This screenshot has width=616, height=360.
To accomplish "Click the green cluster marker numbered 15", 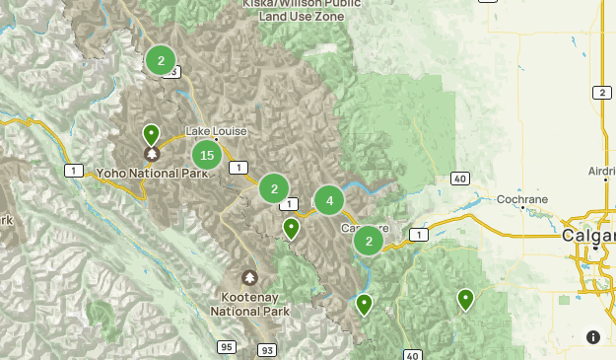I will tap(206, 154).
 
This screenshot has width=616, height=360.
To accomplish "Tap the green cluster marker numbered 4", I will tap(329, 200).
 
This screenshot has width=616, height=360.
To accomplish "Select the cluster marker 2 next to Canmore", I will tap(369, 241).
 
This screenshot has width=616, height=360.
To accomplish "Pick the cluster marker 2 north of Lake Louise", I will tap(161, 60).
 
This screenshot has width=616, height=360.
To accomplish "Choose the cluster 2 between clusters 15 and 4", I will tap(274, 187).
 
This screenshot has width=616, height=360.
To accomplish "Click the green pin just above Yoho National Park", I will tap(151, 134).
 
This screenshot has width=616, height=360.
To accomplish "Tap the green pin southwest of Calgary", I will tap(465, 299).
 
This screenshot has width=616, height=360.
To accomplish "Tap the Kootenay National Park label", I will tap(248, 304).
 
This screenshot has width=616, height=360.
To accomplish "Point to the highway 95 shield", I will tap(228, 346).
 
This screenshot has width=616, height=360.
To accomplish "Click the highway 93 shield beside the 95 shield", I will tap(267, 350).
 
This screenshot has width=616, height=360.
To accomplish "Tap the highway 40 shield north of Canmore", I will tap(460, 178).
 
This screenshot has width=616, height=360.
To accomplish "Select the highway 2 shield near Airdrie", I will tap(601, 93).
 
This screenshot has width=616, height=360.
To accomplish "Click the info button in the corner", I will tap(592, 337).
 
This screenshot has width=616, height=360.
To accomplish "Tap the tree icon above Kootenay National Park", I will tap(248, 278).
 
